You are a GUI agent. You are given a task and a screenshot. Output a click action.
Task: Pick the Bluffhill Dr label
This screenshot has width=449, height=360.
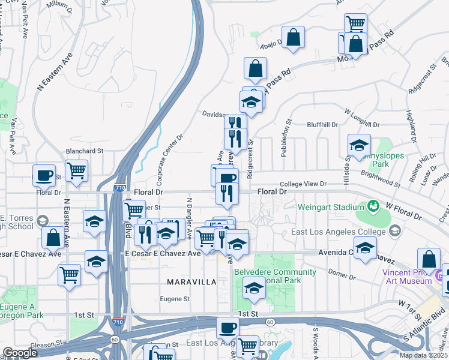[322, 124]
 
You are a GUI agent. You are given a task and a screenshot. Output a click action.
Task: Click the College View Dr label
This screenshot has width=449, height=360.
[305, 184]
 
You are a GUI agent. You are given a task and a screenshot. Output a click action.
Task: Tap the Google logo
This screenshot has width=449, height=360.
[20, 353]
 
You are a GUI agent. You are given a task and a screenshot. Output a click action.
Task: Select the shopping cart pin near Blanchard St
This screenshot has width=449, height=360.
[76, 171]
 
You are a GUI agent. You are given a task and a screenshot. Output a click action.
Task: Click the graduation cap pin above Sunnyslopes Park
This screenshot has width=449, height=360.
[360, 145]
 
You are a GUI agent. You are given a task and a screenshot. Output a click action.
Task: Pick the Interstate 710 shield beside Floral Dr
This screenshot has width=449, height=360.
[120, 187]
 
